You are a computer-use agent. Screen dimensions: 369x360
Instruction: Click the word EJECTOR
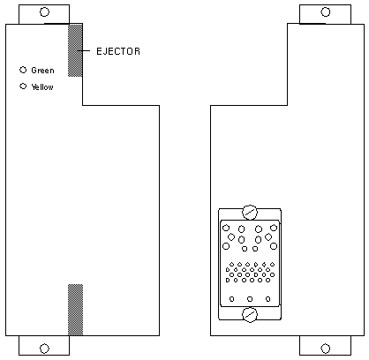pos(118,51)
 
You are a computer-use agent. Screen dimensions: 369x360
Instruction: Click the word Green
pos(42,71)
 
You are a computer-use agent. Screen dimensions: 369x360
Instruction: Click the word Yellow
pos(42,86)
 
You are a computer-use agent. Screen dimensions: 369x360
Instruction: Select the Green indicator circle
pos(23,70)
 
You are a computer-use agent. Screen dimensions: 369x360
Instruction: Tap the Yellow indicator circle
pos(23,86)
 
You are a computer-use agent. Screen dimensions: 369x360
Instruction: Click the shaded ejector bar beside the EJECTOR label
pos(75,50)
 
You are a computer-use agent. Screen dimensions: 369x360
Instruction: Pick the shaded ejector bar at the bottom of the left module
pos(75,310)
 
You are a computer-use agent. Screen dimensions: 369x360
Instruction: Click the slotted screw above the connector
pos(250,213)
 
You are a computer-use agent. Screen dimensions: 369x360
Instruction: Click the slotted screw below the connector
pos(250,315)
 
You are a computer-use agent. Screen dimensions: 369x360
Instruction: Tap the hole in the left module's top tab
pos(44,12)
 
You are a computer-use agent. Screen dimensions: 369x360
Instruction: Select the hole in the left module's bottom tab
pos(44,349)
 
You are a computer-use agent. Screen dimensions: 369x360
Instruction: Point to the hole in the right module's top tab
pos(326,12)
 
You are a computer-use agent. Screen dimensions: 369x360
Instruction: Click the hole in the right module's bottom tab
pos(326,349)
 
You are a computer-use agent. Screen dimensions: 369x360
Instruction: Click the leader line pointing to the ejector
pos(84,50)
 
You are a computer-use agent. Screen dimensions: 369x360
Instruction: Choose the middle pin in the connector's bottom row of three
pos(250,299)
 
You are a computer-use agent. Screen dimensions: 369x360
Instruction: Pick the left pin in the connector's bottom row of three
pos(232,299)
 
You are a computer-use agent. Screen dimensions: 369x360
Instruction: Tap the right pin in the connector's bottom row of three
pos(267,299)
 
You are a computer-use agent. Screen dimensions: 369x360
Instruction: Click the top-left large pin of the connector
pos(226,228)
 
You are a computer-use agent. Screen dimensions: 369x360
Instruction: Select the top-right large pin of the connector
pos(274,228)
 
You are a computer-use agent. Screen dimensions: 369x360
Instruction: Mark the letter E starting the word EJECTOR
pos(99,51)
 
